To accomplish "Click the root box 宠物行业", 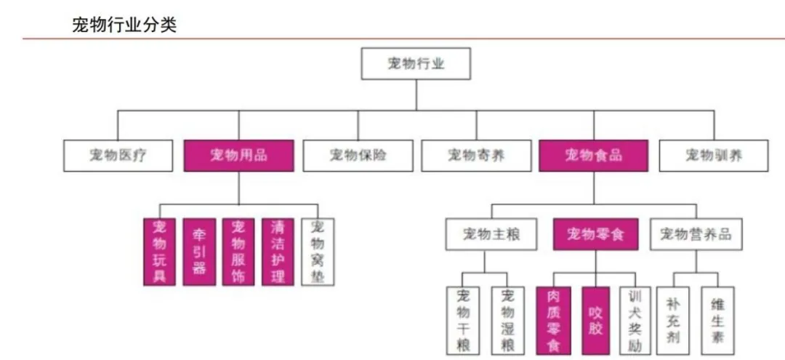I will (x=416, y=64).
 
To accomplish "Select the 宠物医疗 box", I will (x=118, y=156).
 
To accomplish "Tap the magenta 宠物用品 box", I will (x=239, y=156).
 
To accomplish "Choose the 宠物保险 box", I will (x=357, y=156).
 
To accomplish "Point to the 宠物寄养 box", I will (x=475, y=156).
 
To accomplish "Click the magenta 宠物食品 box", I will (x=593, y=156).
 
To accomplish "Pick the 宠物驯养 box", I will (x=713, y=156).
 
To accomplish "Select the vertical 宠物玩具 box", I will (x=160, y=252).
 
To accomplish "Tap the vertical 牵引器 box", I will (x=199, y=252).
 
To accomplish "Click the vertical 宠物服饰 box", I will (x=238, y=252).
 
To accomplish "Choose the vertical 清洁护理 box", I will (x=278, y=252).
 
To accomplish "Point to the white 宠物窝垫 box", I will (x=317, y=252).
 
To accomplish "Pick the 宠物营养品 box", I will (x=696, y=234).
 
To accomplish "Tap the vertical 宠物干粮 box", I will (x=463, y=321).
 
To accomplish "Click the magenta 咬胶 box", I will (x=595, y=321).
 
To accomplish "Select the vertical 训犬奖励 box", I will (x=635, y=321).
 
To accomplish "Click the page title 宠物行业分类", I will (x=124, y=24).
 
